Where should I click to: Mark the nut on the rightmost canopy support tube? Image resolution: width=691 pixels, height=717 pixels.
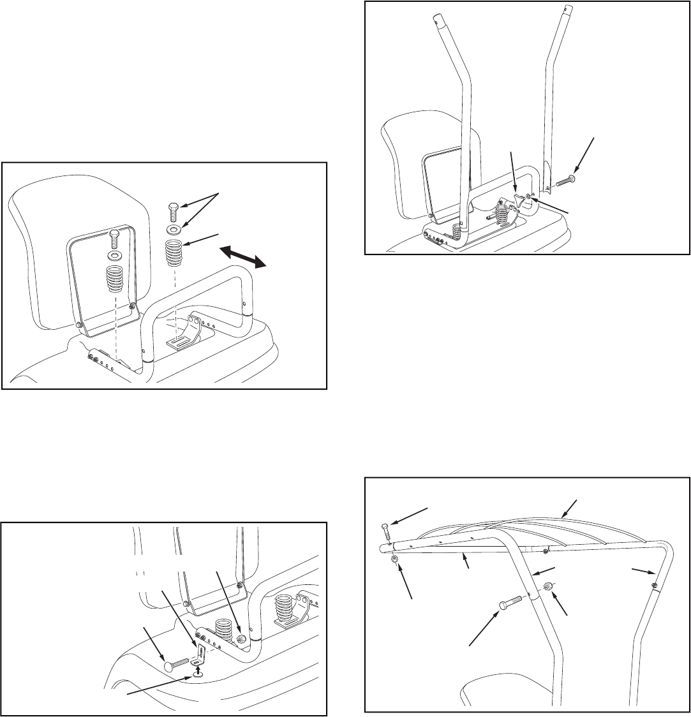coord(655,585)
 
